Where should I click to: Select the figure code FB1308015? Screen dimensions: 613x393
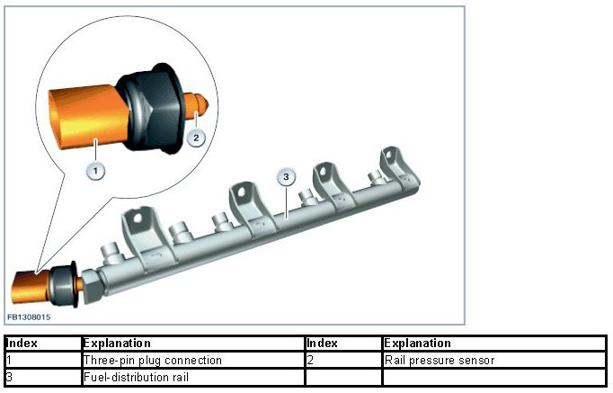click(28, 317)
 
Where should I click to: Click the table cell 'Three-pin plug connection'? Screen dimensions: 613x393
click(152, 361)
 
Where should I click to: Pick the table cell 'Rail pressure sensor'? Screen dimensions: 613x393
click(440, 361)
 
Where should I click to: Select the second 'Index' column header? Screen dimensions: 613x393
click(322, 344)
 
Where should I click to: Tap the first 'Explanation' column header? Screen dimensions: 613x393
click(116, 344)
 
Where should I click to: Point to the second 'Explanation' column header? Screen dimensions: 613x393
click(417, 344)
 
